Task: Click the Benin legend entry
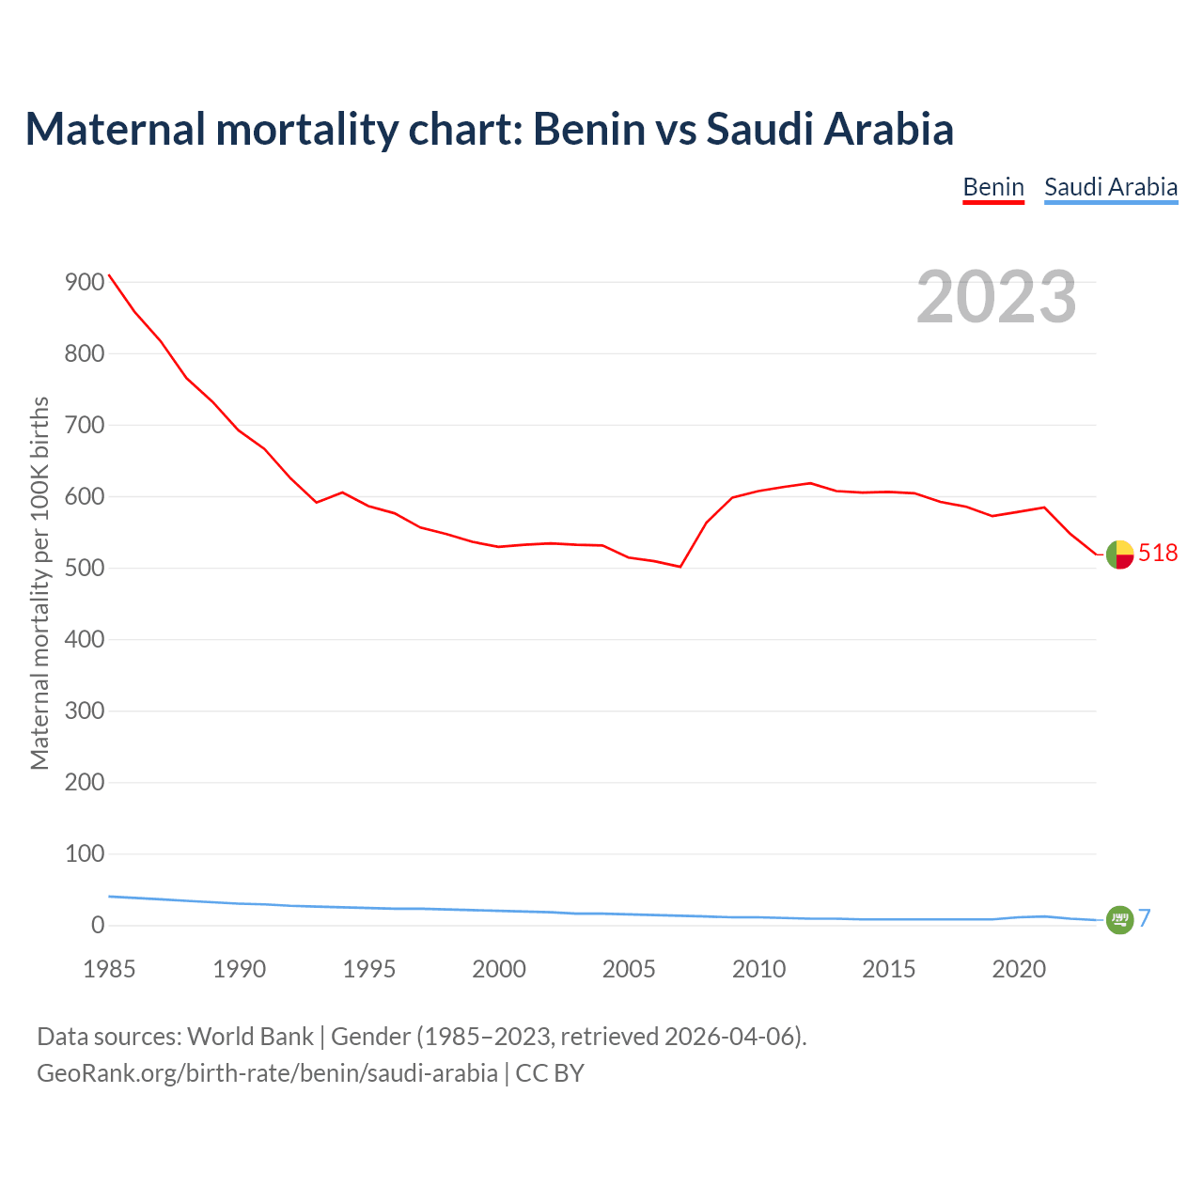tap(993, 187)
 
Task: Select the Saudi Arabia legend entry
tap(1111, 187)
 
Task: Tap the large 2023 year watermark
tap(996, 297)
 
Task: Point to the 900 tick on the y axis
tap(85, 283)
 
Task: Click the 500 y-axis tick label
tap(85, 569)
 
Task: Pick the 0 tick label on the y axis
tap(98, 926)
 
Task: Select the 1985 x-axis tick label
tap(109, 969)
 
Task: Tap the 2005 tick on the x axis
tap(629, 969)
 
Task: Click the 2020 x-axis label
tap(1019, 969)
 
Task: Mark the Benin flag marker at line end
tap(1119, 555)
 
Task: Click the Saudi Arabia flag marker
tap(1119, 920)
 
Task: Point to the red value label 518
tap(1158, 554)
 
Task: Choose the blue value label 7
tap(1145, 919)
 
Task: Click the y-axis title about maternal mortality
tap(39, 583)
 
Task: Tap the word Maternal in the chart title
tap(116, 129)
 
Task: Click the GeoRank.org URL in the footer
tap(267, 1072)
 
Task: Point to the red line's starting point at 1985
tap(109, 275)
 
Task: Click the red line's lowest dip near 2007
tap(680, 567)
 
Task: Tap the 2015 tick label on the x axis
tap(889, 969)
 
